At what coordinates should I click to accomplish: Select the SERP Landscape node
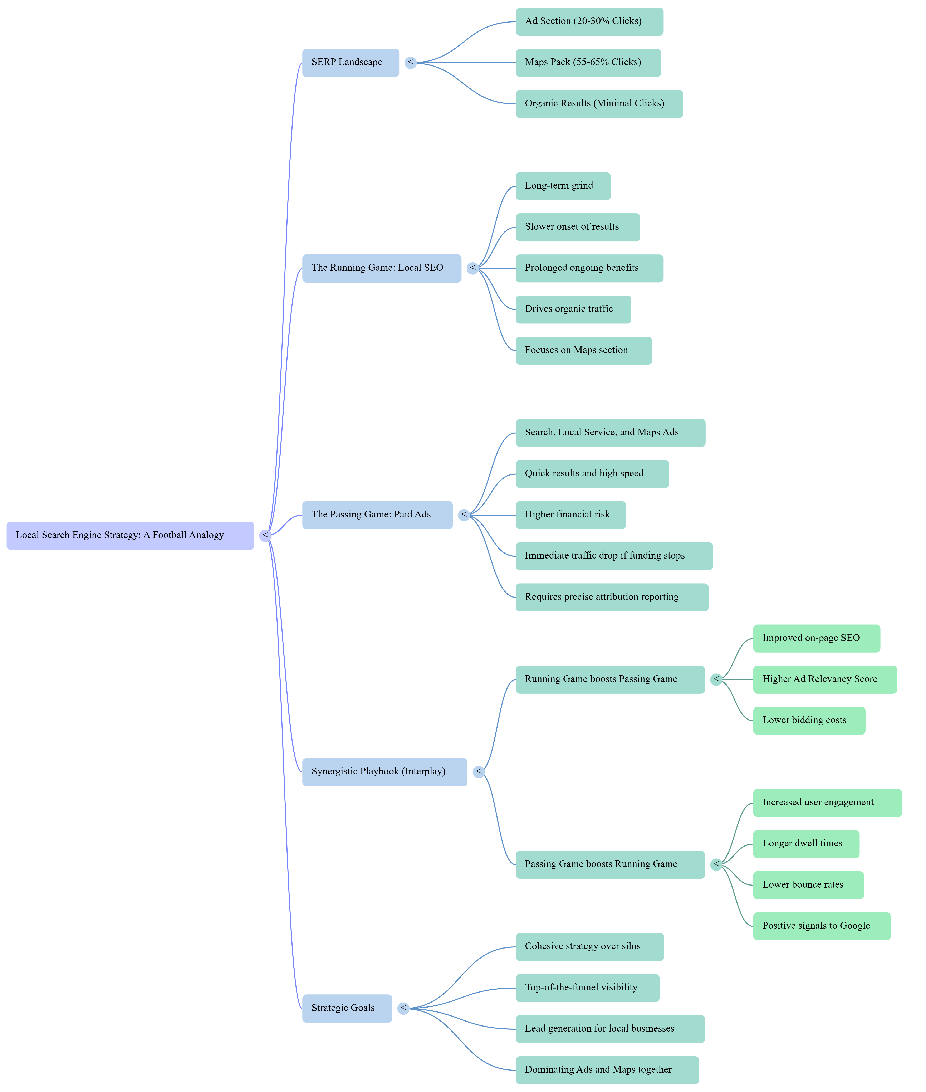pos(350,63)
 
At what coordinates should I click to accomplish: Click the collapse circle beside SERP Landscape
pos(411,63)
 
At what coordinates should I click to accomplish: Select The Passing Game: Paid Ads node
pos(377,515)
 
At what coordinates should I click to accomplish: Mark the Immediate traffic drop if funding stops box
pos(614,556)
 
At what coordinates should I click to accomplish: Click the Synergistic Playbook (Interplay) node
pos(384,772)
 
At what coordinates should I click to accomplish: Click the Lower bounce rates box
pos(808,885)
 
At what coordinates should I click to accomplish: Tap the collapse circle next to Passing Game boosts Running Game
pos(716,864)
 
